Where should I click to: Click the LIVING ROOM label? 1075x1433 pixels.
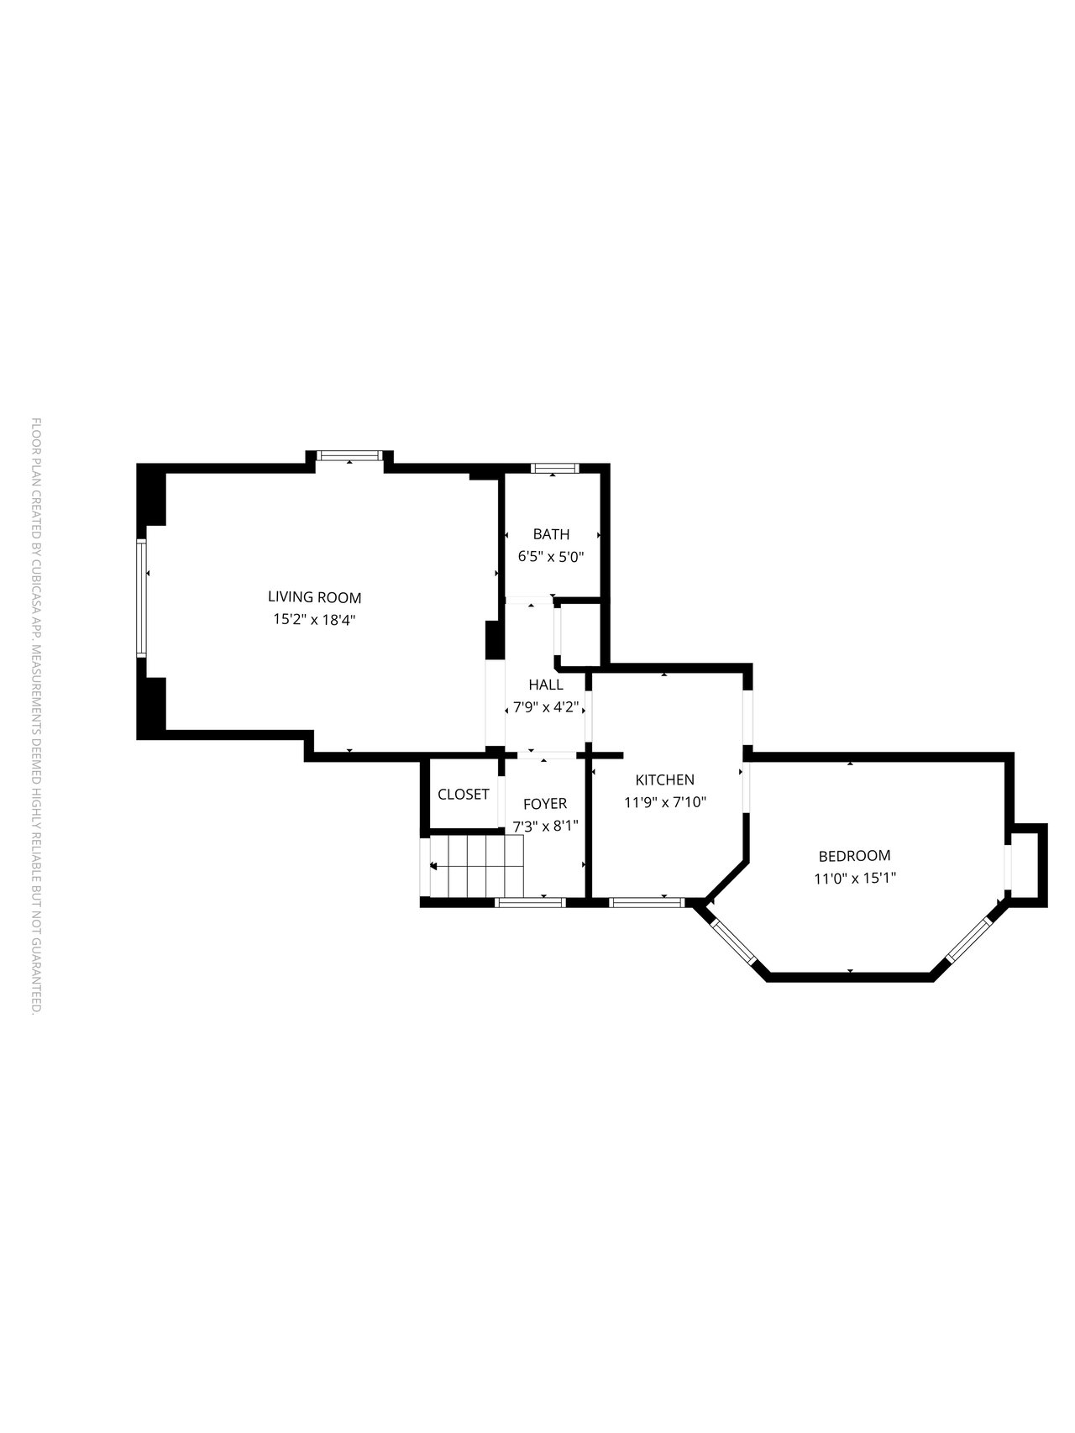pos(314,598)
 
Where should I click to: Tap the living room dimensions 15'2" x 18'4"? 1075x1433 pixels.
pos(314,620)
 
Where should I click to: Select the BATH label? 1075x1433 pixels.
pos(551,534)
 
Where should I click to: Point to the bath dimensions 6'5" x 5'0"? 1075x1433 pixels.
pos(551,556)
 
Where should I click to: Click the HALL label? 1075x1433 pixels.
pos(546,685)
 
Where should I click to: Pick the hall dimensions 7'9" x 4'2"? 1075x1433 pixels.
pos(546,706)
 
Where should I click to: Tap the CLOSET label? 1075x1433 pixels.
pos(464,794)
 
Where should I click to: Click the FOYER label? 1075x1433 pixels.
pos(545,804)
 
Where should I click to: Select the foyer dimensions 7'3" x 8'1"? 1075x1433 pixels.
pos(545,826)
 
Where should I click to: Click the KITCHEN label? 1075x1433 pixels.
pos(664,780)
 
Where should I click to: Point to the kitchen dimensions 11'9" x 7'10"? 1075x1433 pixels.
pos(664,802)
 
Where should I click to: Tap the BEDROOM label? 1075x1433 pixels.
pos(854,856)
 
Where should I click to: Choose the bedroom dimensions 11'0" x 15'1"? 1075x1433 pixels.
pos(854,879)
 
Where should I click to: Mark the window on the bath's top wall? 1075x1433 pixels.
pos(553,468)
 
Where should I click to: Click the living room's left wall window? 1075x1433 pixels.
pos(142,597)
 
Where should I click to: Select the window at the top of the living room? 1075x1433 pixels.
pos(350,456)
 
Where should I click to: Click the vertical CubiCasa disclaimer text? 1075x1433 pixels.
pos(36,716)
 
